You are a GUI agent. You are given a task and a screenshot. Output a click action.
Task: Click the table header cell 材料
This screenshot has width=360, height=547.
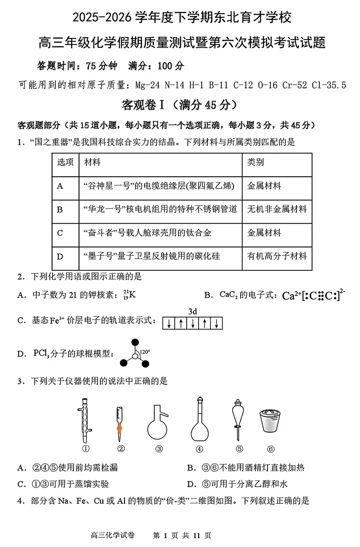coord(93,162)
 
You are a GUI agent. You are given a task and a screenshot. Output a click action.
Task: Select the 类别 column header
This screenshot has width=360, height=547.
coord(256,162)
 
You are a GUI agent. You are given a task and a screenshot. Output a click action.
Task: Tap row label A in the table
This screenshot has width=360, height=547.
coord(60,186)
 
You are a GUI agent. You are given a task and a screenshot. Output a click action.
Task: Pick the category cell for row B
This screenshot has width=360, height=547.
coord(277,209)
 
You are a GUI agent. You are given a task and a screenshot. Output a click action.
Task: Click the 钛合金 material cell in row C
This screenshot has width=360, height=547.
coord(147,233)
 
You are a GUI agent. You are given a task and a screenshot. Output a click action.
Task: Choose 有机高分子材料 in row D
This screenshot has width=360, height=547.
coord(277,256)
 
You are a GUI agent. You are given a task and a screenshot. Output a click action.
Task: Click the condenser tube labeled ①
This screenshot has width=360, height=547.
coord(86,421)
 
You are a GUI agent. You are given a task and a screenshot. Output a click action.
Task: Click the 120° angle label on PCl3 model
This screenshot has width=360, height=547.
coord(145,352)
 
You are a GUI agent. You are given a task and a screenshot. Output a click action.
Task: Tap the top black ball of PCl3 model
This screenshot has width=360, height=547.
coord(135,342)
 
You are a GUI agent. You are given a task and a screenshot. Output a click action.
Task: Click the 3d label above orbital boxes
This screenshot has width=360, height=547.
coord(192,312)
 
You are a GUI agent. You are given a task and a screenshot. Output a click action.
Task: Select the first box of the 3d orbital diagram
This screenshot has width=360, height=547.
coord(169,323)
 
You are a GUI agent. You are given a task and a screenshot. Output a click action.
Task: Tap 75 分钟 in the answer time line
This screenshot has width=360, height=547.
coord(101,66)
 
